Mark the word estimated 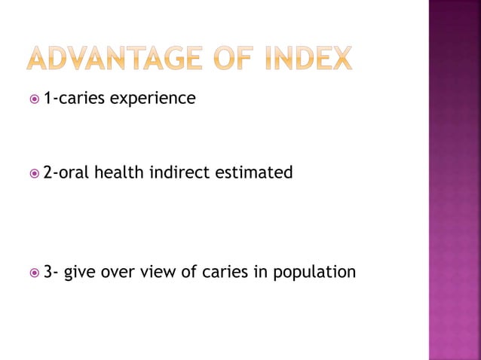click(x=255, y=172)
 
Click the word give click(x=79, y=272)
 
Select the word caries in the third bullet click(x=223, y=272)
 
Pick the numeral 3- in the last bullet click(x=50, y=271)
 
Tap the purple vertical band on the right click(x=455, y=180)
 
